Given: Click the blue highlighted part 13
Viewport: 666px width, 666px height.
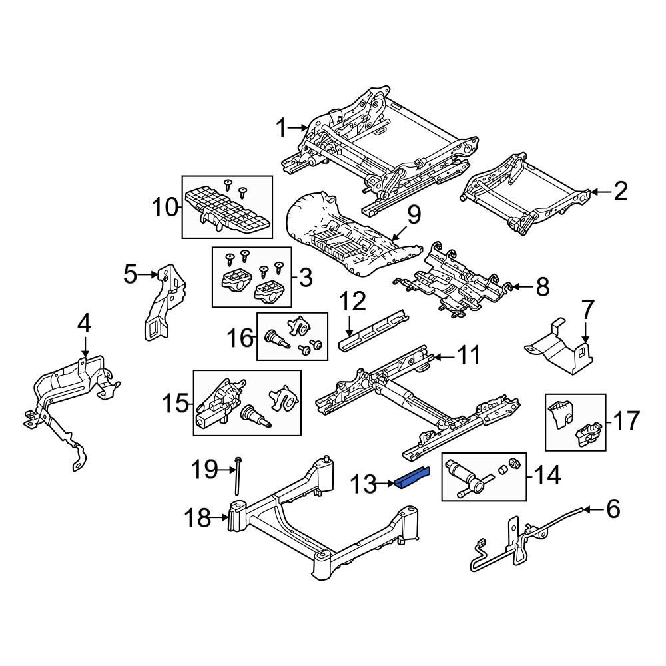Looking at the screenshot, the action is click(412, 478).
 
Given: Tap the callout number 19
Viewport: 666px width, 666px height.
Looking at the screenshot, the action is click(204, 470).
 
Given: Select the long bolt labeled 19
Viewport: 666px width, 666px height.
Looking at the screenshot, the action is click(238, 476).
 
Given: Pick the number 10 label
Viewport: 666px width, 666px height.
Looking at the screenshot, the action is click(165, 208).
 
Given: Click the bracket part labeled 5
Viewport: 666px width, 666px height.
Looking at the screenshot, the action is click(165, 302).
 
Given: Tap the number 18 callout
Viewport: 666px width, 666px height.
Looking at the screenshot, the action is click(198, 517).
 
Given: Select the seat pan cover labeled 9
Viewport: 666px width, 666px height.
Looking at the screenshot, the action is click(352, 236).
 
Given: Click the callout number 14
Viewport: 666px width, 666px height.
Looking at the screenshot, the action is click(547, 476).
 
